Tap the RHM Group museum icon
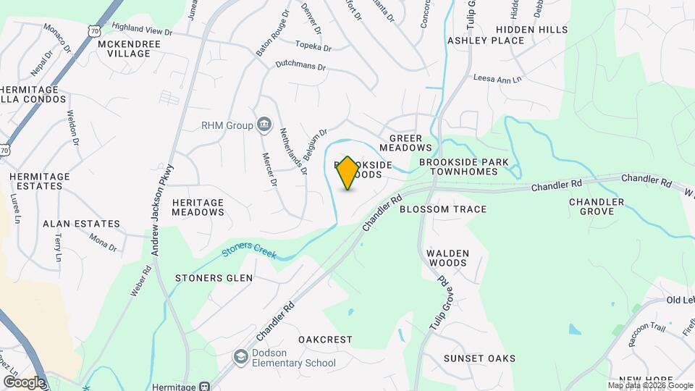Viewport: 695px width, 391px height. (x=264, y=125)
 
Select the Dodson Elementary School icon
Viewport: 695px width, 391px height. (x=240, y=356)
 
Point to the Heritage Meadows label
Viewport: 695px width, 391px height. (x=198, y=207)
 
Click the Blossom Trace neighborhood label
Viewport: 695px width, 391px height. (x=443, y=209)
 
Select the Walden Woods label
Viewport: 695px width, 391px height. (x=447, y=258)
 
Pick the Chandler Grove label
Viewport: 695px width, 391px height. (x=597, y=206)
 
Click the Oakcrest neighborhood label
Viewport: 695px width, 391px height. (x=325, y=340)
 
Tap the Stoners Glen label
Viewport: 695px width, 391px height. (x=214, y=278)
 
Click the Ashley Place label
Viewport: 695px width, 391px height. (x=485, y=41)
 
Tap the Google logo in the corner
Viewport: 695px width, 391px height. (x=24, y=382)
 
